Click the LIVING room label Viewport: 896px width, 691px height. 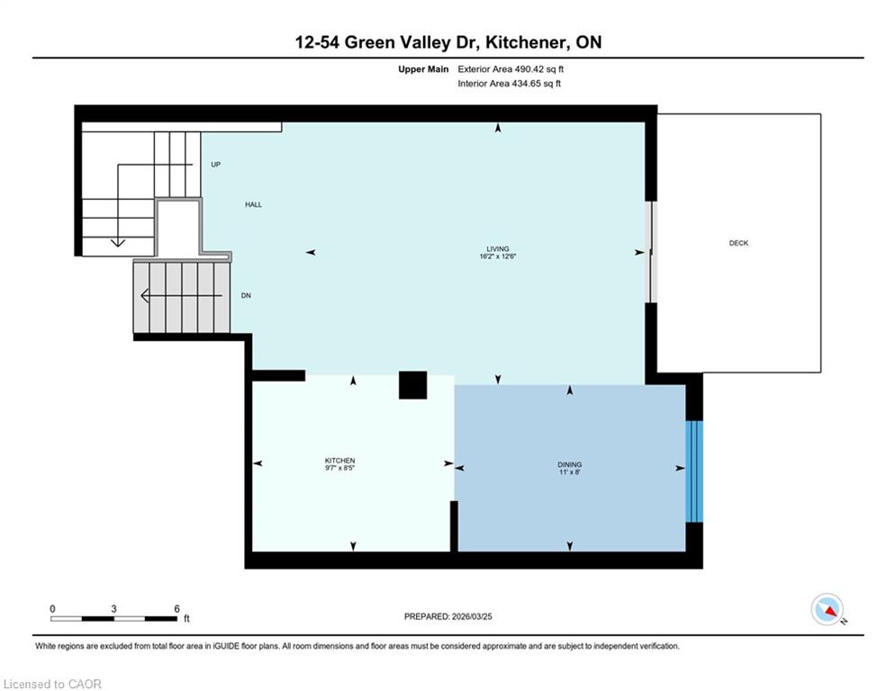[498, 248]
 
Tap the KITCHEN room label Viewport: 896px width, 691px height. [340, 461]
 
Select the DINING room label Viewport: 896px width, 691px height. [570, 465]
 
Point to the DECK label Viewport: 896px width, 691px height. [738, 243]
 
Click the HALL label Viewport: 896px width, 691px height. [254, 204]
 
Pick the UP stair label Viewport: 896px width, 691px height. [215, 165]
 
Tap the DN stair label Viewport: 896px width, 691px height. [246, 295]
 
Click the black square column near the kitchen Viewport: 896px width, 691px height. [412, 385]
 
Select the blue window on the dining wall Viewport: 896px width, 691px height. [693, 471]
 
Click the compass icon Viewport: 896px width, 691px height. [827, 609]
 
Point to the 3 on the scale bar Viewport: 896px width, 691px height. [113, 609]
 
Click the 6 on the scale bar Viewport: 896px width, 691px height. [177, 609]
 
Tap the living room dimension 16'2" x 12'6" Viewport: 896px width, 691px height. [498, 256]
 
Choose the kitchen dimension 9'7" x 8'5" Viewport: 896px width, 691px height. [340, 468]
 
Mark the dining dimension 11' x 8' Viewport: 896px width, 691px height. [570, 472]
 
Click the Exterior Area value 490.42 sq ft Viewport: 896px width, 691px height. [539, 69]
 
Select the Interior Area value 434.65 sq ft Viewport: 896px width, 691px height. [536, 84]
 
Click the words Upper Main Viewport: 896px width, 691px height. [423, 69]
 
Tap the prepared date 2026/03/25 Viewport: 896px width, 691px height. [472, 616]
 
